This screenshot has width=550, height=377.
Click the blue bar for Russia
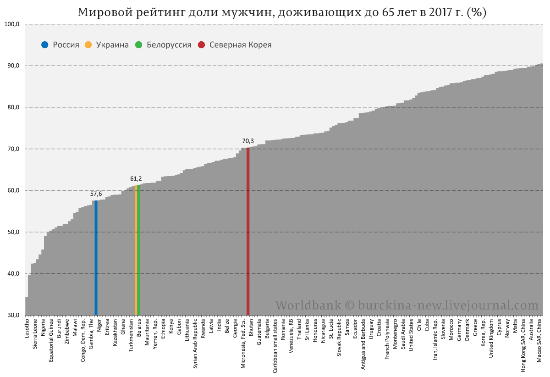96,257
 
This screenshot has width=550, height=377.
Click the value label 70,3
248,141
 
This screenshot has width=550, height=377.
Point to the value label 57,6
96,194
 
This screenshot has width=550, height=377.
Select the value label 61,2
136,178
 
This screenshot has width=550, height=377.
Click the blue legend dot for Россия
44,45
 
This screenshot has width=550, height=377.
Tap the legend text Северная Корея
240,45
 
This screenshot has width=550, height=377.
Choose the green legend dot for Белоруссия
138,45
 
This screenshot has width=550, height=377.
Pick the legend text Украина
112,45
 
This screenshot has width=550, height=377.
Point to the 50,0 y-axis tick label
12,232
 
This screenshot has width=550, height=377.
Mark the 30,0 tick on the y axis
12,316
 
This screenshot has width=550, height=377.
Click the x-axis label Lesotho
27,329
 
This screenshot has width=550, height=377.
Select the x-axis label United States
411,335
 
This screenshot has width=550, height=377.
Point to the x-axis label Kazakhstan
115,333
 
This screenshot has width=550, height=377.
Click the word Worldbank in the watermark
308,305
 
